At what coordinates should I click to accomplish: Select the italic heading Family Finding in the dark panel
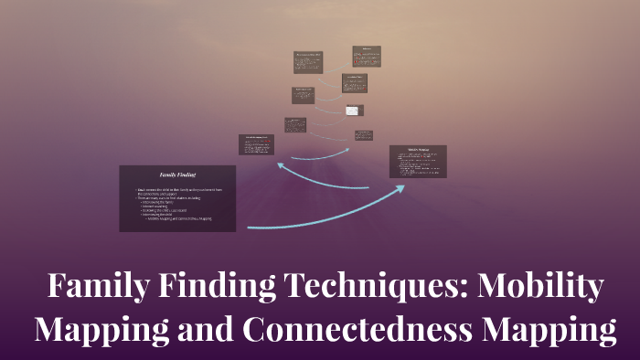tap(177, 174)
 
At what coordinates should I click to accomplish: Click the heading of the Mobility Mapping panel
tap(418, 150)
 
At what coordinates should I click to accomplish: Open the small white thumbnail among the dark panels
tap(354, 111)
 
